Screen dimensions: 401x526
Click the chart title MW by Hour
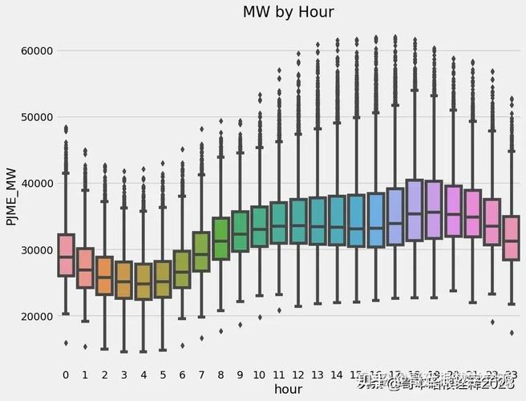click(288, 12)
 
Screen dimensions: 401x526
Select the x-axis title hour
click(288, 389)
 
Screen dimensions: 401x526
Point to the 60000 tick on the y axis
click(36, 51)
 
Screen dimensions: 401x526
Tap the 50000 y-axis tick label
click(36, 117)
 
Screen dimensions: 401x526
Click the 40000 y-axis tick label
click(36, 184)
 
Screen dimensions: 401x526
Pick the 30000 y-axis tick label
click(36, 250)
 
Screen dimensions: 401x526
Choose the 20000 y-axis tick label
click(36, 317)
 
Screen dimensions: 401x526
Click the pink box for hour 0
click(66, 255)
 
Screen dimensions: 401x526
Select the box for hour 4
click(144, 281)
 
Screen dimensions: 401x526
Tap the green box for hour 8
click(221, 238)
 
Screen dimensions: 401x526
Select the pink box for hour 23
click(512, 237)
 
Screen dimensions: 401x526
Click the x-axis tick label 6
click(182, 375)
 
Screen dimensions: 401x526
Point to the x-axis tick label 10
click(259, 375)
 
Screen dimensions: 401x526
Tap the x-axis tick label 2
click(104, 375)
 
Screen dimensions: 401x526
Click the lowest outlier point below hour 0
click(66, 343)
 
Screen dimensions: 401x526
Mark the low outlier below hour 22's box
click(492, 322)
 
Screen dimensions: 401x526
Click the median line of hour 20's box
click(454, 214)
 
